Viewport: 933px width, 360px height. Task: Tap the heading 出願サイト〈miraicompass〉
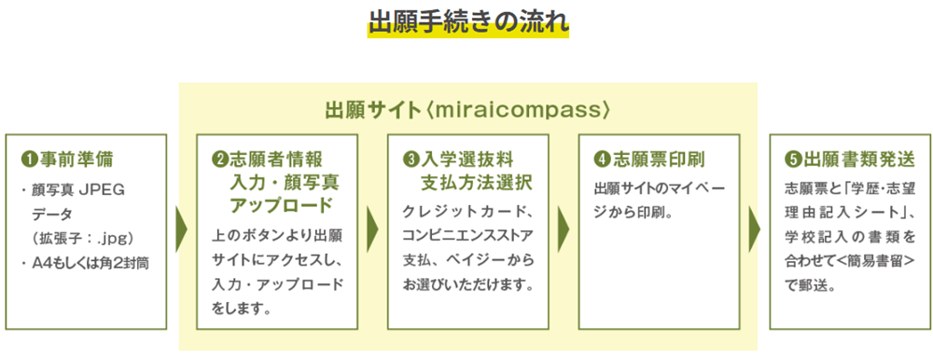(467, 110)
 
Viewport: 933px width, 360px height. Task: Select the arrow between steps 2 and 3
(372, 230)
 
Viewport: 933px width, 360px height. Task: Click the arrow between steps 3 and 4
(564, 230)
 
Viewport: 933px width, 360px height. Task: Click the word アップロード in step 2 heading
(281, 204)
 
